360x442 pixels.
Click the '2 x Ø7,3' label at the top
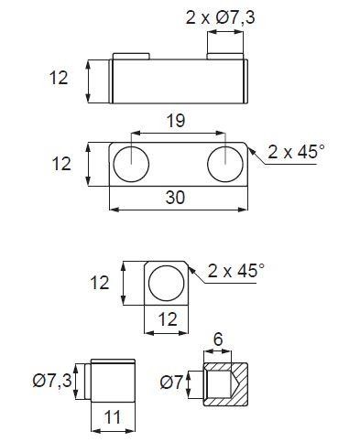220,18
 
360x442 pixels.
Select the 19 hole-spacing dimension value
176,121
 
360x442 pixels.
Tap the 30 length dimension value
175,198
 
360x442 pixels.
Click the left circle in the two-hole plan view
131,164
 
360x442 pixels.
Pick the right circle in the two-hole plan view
225,164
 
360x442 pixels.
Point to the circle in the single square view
167,283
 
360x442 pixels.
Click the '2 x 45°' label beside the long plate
296,151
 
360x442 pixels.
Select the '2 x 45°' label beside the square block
235,270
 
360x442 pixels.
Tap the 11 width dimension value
113,417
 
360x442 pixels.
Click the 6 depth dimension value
218,340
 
